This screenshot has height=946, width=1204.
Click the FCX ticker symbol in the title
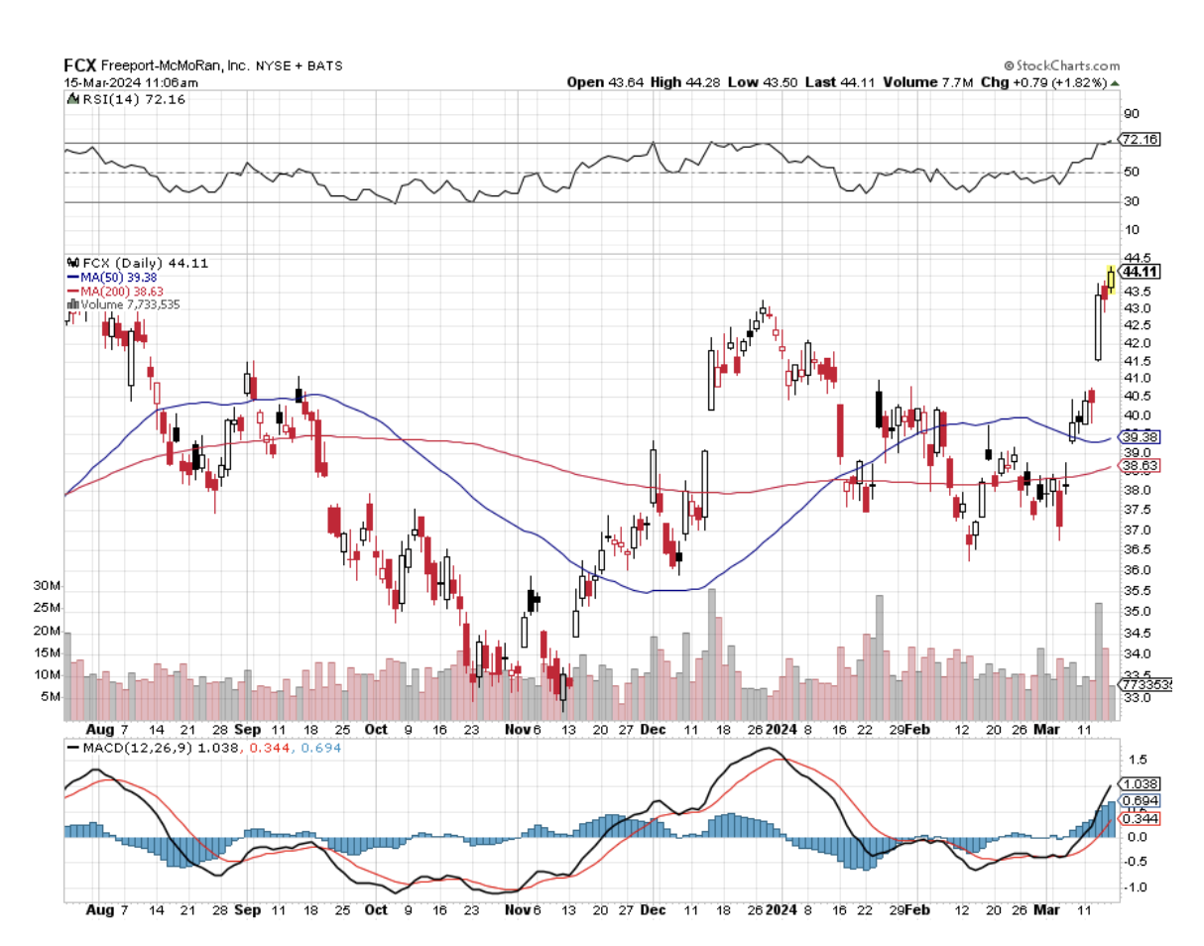pyautogui.click(x=81, y=65)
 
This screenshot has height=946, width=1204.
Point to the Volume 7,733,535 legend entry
pyautogui.click(x=130, y=304)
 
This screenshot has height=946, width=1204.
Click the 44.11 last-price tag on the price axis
pyautogui.click(x=1141, y=272)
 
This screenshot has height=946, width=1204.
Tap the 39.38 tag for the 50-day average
pyautogui.click(x=1141, y=437)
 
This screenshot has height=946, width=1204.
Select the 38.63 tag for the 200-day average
pyautogui.click(x=1141, y=465)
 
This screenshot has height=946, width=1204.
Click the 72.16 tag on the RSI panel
pyautogui.click(x=1141, y=140)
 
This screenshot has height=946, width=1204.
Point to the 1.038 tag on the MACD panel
pyautogui.click(x=1140, y=783)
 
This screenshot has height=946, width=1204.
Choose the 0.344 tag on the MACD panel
pyautogui.click(x=1140, y=818)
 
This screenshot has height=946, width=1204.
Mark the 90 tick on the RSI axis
pyautogui.click(x=1130, y=113)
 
